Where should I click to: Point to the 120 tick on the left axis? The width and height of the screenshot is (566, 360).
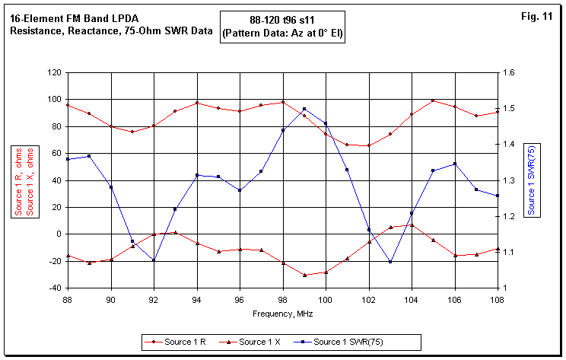point(53,72)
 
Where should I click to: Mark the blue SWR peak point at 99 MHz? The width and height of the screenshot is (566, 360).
point(304,109)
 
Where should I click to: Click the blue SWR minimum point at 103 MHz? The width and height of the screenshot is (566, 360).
point(390,262)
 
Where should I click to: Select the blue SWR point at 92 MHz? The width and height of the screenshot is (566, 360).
point(154,260)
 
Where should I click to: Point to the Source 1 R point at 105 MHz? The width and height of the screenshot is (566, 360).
point(433,100)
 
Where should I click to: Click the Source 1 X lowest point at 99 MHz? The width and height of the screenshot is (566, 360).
point(304,275)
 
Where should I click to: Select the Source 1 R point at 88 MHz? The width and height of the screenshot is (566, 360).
point(68,105)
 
